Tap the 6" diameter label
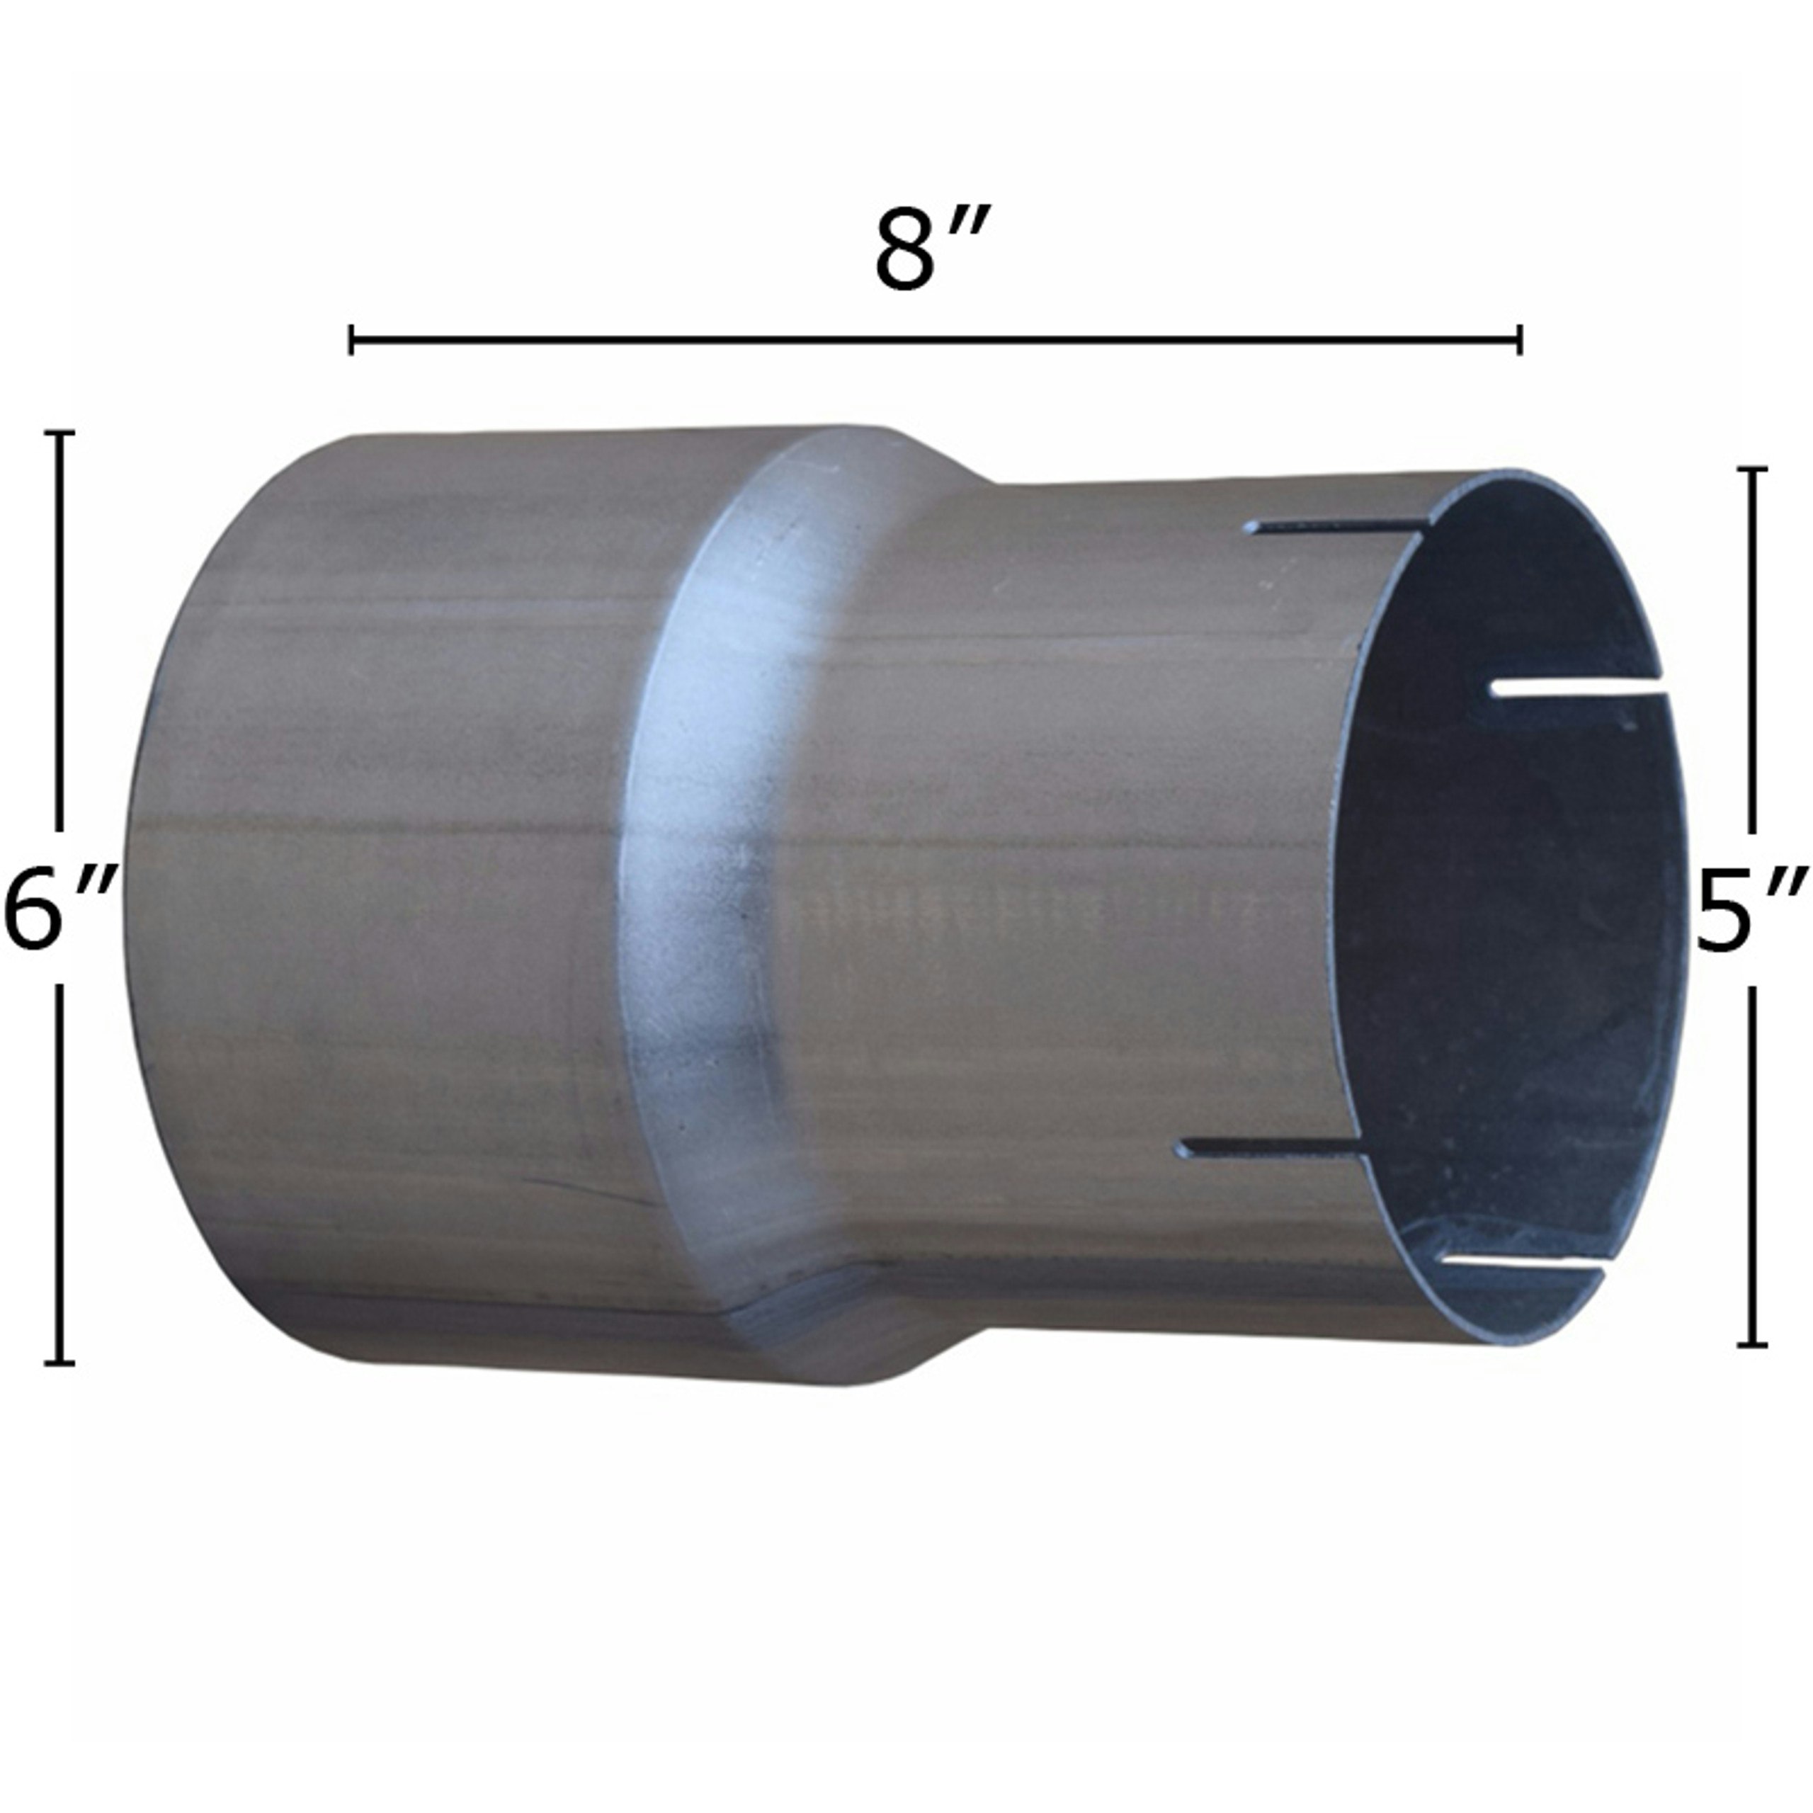[58, 907]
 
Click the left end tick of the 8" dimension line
[351, 340]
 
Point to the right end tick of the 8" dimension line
[1519, 340]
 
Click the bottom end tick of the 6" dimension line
[60, 1362]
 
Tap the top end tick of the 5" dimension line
[1751, 467]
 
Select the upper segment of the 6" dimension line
[60, 638]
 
